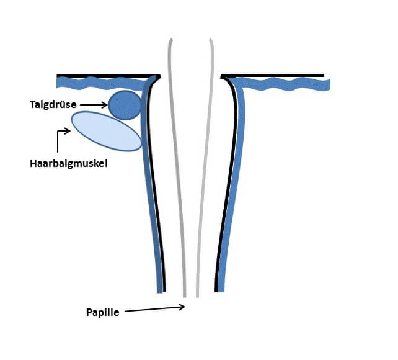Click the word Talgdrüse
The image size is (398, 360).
(x=53, y=104)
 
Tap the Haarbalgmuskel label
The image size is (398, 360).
(x=69, y=163)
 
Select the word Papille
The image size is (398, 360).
(x=102, y=312)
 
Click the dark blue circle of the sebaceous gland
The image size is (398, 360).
(x=125, y=105)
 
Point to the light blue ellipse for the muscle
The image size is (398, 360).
(x=107, y=131)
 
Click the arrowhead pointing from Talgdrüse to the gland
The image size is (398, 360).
(x=105, y=105)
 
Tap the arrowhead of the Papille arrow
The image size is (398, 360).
(x=182, y=307)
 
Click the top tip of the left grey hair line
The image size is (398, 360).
(x=171, y=39)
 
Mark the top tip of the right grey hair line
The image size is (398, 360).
(x=210, y=39)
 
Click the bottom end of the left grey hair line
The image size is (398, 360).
(x=185, y=297)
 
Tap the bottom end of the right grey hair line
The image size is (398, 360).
(x=197, y=297)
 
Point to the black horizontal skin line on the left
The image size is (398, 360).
(x=108, y=76)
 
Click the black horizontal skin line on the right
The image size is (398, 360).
(x=272, y=76)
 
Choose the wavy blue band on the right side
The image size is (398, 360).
(x=285, y=84)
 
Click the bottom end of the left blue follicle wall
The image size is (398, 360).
(x=160, y=292)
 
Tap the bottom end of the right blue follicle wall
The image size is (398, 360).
(x=221, y=291)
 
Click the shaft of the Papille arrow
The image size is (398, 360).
(x=154, y=309)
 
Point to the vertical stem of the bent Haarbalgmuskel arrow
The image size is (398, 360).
(x=58, y=142)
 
